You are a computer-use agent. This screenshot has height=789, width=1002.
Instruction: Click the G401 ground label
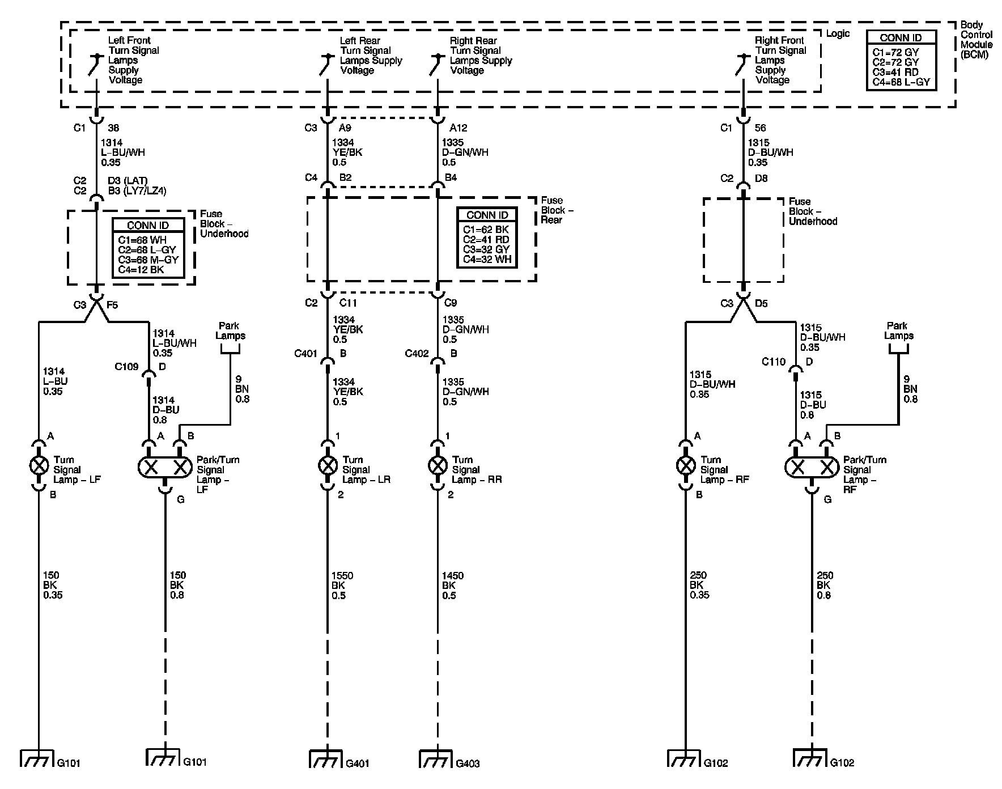point(358,763)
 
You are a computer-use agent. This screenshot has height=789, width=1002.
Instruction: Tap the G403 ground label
point(468,763)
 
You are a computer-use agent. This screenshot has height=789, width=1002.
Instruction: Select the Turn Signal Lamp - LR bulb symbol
point(327,466)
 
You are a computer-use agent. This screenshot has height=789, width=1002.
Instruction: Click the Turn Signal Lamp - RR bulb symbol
point(437,466)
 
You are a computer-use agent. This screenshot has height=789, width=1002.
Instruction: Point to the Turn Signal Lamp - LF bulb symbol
point(39,466)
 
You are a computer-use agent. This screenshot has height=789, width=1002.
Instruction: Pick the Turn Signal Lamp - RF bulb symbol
point(686,466)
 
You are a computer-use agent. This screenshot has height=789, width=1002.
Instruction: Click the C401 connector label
point(305,354)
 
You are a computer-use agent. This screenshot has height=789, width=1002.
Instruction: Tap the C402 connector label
point(417,354)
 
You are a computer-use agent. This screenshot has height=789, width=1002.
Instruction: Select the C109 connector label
point(126,367)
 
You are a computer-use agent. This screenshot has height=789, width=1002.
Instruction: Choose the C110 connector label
point(774,362)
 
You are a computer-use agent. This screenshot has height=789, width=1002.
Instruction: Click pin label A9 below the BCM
point(345,128)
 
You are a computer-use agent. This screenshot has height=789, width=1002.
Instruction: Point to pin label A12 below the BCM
point(458,128)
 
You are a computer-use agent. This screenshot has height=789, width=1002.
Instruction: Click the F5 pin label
point(112,305)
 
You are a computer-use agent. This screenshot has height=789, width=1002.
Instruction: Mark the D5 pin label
point(761,304)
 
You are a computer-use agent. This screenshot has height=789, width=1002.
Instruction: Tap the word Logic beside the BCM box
point(838,34)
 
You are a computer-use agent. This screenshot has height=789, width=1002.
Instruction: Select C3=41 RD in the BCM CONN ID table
point(895,73)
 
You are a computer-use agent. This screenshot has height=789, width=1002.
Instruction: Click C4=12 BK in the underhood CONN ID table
point(141,269)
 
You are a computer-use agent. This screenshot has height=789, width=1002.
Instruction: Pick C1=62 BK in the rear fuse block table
point(486,230)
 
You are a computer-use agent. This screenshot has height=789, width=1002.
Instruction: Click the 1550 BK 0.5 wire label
point(342,585)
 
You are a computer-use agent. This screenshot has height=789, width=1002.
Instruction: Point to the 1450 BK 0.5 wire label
point(452,585)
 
